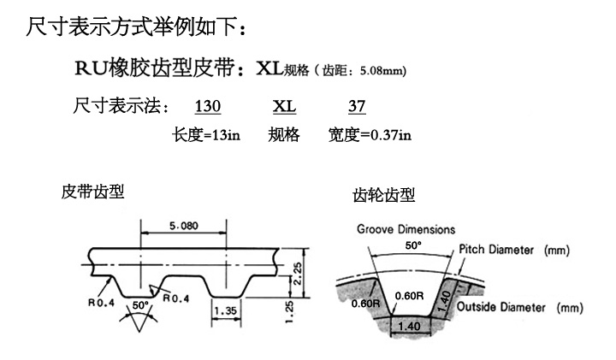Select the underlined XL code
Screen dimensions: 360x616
284,109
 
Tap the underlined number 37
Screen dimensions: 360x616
358,109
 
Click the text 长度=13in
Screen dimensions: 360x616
206,134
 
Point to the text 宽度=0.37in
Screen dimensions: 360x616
370,134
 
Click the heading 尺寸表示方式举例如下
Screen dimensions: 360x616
137,29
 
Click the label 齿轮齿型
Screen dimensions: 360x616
384,196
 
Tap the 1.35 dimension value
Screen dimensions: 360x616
225,311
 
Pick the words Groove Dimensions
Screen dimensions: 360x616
406,230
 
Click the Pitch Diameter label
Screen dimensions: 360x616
514,251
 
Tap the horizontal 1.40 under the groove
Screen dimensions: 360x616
409,326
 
